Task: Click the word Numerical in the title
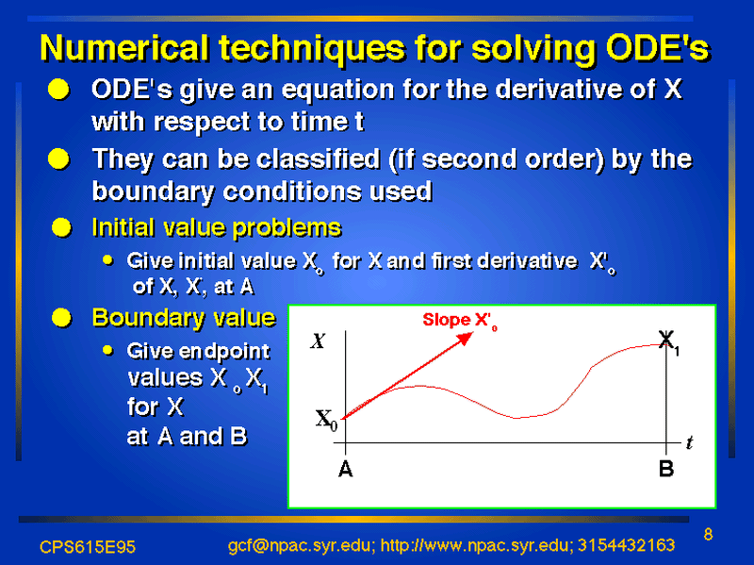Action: tap(125, 48)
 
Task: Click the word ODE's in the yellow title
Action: tap(657, 48)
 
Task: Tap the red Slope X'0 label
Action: tap(460, 321)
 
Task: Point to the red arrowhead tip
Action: tap(472, 333)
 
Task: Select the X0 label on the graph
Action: tap(326, 420)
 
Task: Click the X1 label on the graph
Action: tap(669, 342)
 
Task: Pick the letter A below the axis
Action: tap(345, 469)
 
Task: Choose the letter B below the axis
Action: tap(666, 468)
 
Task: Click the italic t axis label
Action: tap(690, 442)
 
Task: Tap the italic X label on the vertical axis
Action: tap(318, 341)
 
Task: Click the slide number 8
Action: tap(708, 534)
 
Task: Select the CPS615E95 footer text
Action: tap(88, 547)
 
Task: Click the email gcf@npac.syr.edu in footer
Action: tap(300, 546)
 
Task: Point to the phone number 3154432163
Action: tap(626, 545)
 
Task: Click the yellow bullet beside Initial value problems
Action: tap(61, 227)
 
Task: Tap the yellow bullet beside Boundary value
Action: tap(61, 318)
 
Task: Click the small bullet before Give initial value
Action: tap(107, 260)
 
